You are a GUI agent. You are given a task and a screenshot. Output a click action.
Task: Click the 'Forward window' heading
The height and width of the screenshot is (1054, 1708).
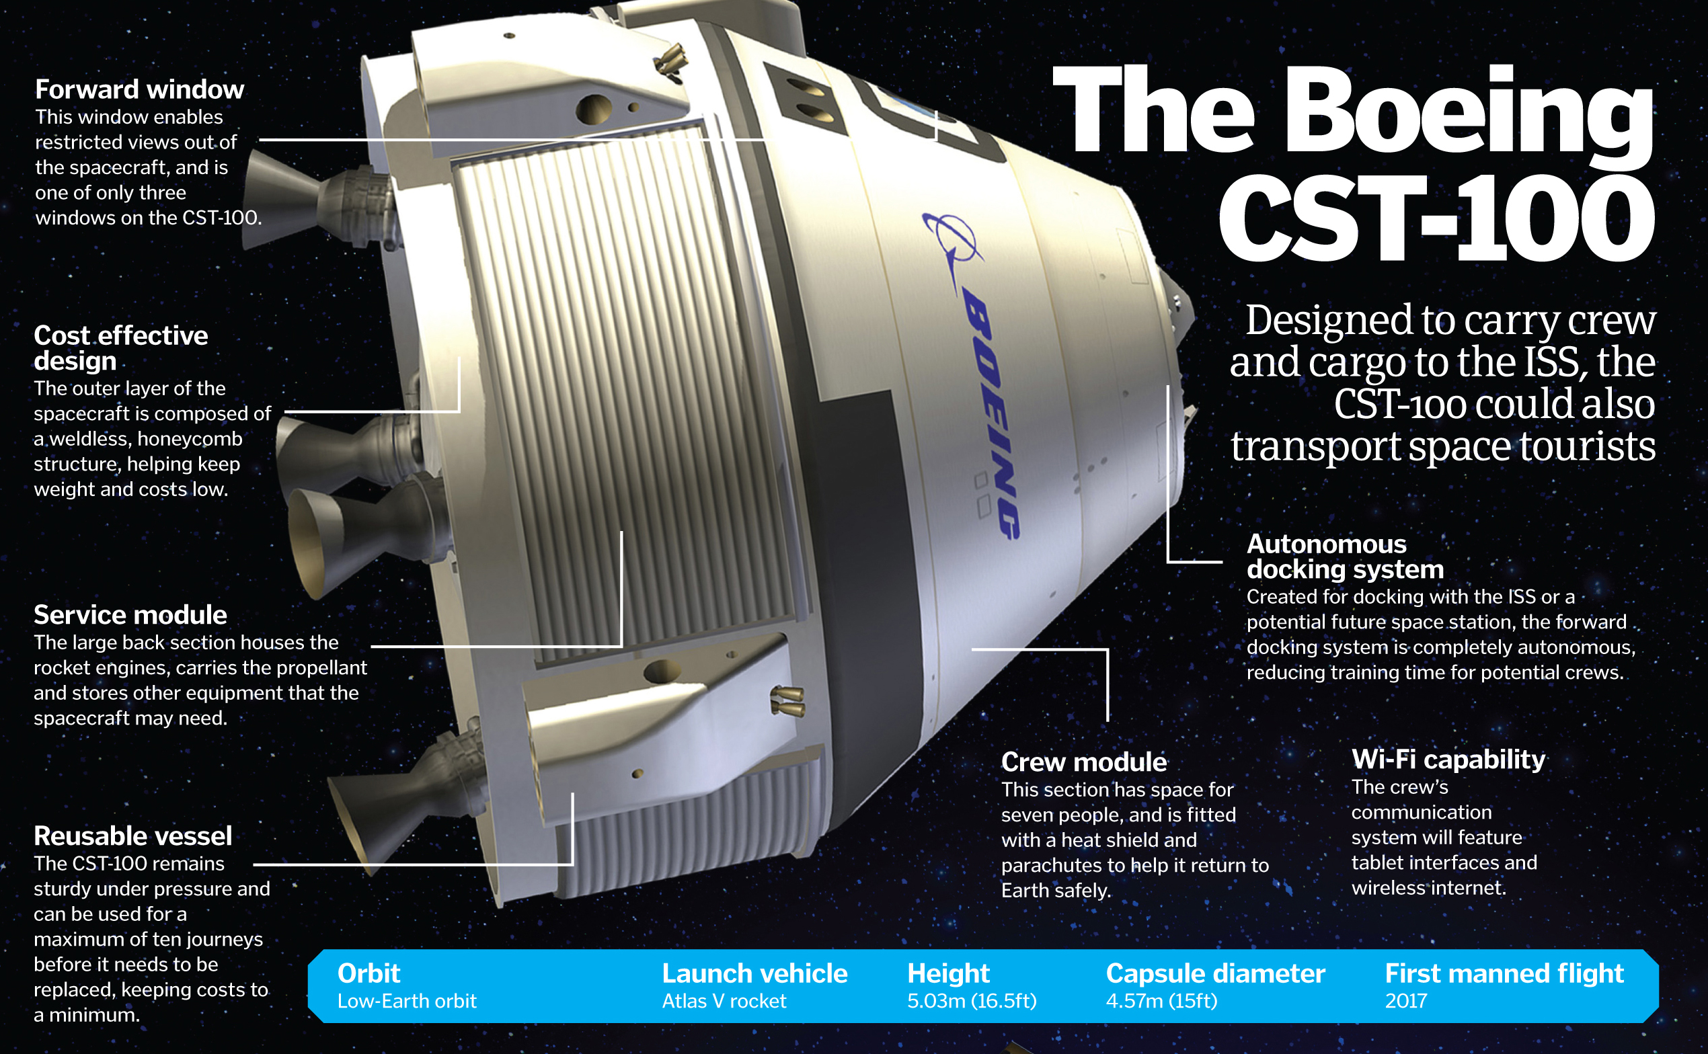click(139, 90)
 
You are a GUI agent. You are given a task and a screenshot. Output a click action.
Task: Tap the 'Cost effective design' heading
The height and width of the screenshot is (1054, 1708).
click(120, 348)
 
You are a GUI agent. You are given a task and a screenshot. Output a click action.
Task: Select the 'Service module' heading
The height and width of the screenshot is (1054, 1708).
click(130, 615)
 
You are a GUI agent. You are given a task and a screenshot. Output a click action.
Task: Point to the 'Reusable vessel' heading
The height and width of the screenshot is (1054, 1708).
click(132, 836)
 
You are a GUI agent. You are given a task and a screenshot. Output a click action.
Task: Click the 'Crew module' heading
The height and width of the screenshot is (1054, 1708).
click(1083, 762)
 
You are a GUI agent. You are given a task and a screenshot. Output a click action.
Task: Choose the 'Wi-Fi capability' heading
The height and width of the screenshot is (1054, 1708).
click(1448, 759)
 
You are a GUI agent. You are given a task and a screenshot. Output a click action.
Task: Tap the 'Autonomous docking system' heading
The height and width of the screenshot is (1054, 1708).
click(1344, 557)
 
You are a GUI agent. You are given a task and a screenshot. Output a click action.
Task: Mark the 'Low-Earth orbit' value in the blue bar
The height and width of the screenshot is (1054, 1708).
click(406, 1002)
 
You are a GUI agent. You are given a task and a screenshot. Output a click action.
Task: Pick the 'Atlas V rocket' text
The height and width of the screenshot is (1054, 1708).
click(724, 1002)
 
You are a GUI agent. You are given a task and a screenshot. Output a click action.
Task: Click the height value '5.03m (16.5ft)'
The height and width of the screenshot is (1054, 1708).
click(971, 1002)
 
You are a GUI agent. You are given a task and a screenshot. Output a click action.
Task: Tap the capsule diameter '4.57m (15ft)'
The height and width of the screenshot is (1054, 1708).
click(1161, 1002)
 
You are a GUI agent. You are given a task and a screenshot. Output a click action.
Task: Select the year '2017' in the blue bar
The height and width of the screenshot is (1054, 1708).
click(1405, 1002)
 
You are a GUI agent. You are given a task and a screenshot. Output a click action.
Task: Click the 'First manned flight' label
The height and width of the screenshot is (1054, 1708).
click(1504, 973)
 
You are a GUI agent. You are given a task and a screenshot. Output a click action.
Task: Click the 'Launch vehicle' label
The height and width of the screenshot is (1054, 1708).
click(754, 973)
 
